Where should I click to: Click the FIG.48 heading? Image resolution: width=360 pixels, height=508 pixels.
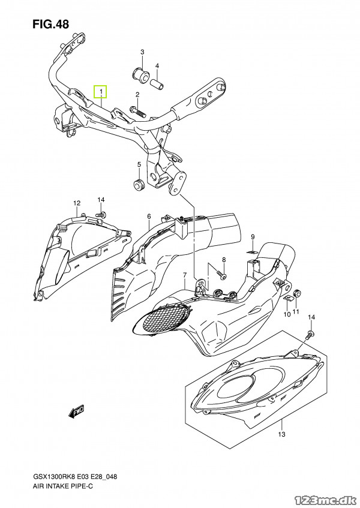(51, 25)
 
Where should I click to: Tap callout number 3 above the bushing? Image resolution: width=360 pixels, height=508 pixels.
(142, 52)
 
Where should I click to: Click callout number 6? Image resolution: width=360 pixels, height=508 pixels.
(149, 217)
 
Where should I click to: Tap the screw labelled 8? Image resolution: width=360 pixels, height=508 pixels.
(222, 275)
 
